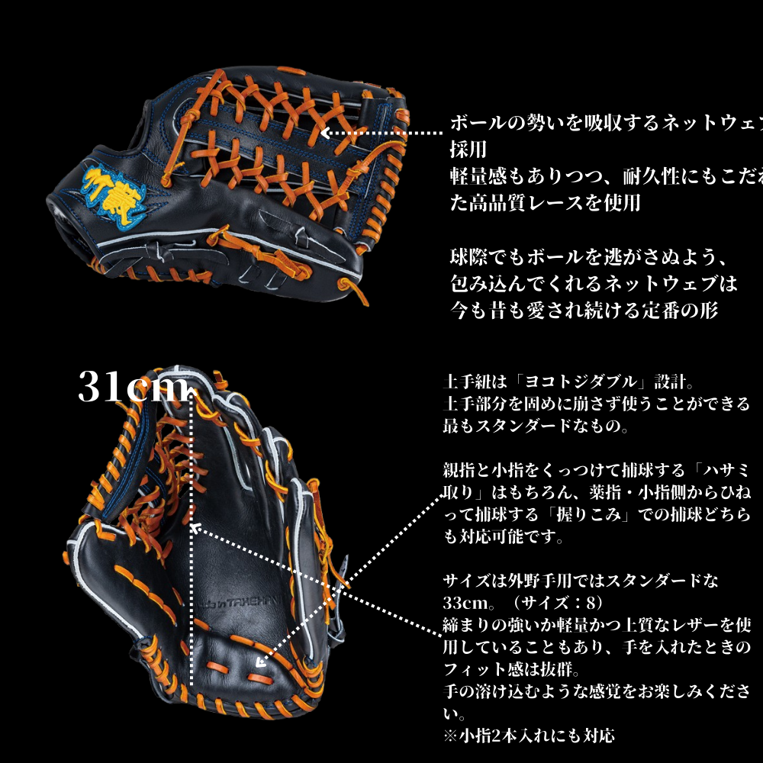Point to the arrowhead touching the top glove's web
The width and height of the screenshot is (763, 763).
324,133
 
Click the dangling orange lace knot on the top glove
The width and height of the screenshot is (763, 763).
348,288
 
